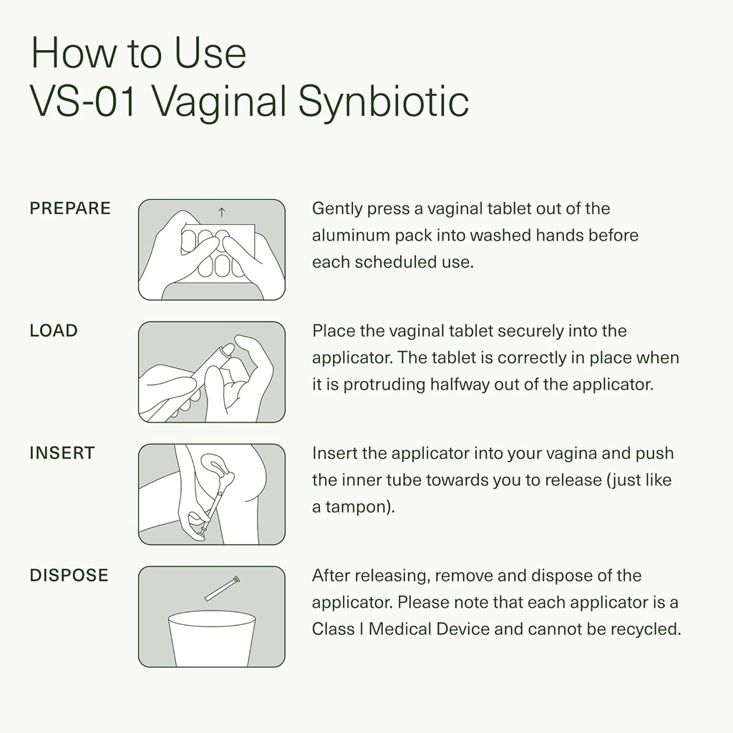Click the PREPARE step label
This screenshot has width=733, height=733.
click(x=70, y=208)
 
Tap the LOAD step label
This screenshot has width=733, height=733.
click(x=54, y=331)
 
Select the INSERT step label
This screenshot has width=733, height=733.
click(x=62, y=453)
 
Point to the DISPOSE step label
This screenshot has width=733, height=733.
click(x=69, y=576)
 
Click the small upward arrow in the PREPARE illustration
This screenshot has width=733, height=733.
click(x=221, y=211)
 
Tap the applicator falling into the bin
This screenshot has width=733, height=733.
click(x=222, y=588)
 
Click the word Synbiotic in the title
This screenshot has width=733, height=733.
click(x=383, y=102)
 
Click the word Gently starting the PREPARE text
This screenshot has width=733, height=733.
click(x=336, y=209)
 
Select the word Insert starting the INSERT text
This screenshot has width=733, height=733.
click(x=332, y=454)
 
